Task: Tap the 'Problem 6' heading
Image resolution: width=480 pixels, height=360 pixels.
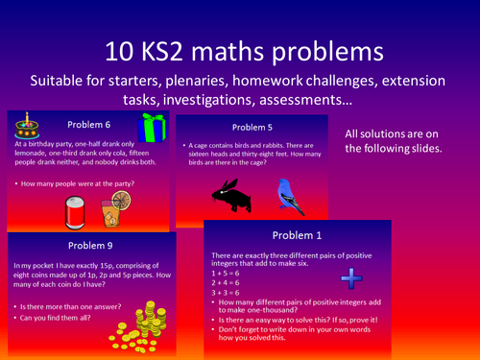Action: click(x=91, y=124)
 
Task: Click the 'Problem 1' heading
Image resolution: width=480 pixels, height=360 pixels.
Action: click(x=298, y=235)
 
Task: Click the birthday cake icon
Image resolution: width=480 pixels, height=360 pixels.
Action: click(x=26, y=125)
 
